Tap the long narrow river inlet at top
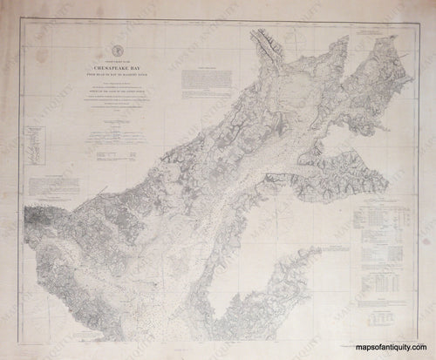coord(263,44)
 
